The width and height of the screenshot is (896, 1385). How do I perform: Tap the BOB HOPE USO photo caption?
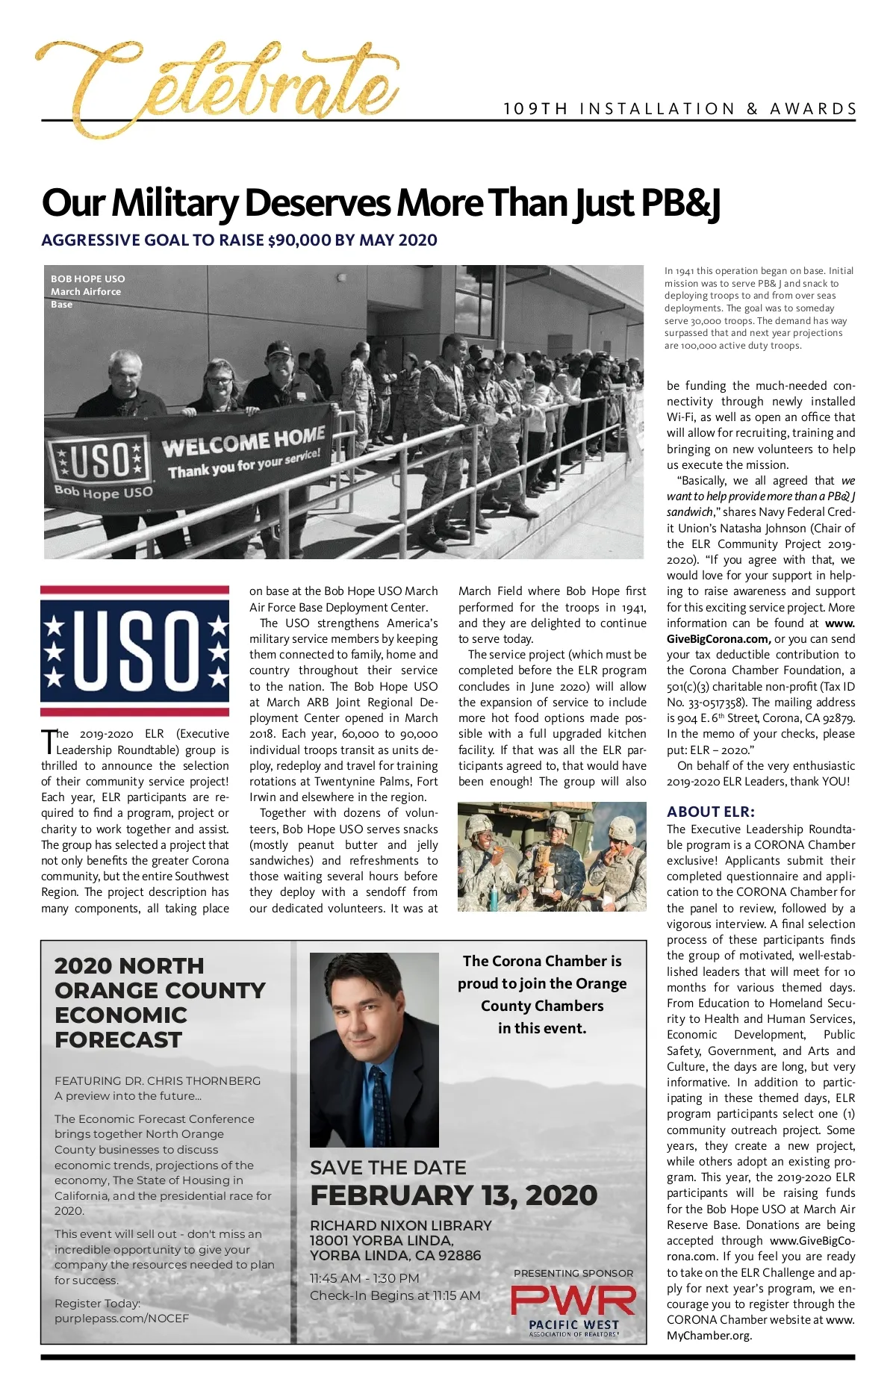coord(87,279)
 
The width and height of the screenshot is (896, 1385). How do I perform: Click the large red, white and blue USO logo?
coord(134,650)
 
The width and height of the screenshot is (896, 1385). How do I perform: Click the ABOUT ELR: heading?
coord(710,812)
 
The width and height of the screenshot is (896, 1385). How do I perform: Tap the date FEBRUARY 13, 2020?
coord(453,1195)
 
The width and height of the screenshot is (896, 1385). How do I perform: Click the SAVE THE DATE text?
coord(388,1168)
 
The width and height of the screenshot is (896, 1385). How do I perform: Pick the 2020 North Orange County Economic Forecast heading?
coord(159,1002)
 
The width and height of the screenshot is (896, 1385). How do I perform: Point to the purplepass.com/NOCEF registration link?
coord(122,1319)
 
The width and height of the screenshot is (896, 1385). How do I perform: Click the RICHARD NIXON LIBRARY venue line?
coord(401,1225)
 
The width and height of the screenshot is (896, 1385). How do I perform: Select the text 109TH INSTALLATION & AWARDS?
coord(679,109)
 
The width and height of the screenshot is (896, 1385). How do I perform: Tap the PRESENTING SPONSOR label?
coord(573,1273)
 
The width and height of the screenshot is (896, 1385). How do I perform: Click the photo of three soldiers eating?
coord(552,856)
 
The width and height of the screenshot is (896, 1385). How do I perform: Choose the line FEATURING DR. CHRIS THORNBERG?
coord(158,1080)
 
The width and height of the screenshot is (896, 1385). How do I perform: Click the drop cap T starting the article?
coord(48,741)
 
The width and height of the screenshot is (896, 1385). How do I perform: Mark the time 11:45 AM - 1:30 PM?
coord(364,1278)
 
